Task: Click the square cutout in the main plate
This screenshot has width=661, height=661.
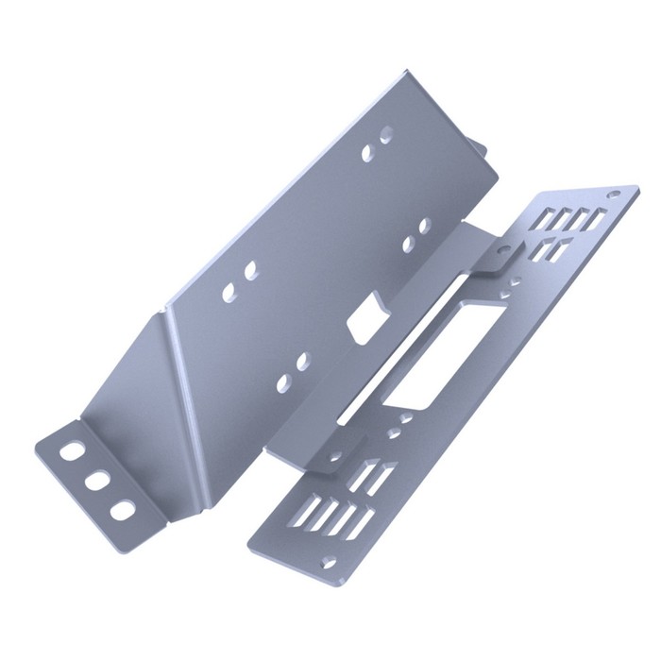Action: pyautogui.click(x=364, y=321)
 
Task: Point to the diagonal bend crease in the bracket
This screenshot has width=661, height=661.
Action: pyautogui.click(x=184, y=378)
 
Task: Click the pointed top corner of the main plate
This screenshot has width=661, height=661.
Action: pyautogui.click(x=406, y=73)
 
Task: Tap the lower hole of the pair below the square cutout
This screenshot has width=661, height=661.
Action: pyautogui.click(x=282, y=381)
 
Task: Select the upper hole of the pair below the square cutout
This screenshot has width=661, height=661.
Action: pyautogui.click(x=302, y=361)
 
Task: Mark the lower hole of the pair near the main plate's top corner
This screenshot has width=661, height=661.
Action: pyautogui.click(x=367, y=152)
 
